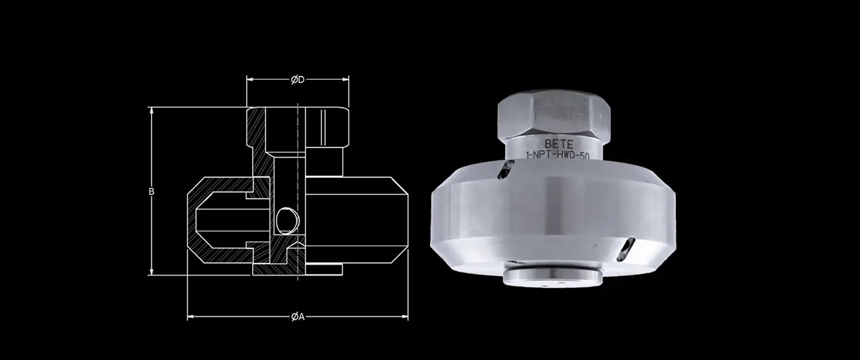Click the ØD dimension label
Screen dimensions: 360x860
coord(297,80)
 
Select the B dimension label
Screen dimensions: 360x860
coord(151,191)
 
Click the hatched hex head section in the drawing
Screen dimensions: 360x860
coord(256,127)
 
